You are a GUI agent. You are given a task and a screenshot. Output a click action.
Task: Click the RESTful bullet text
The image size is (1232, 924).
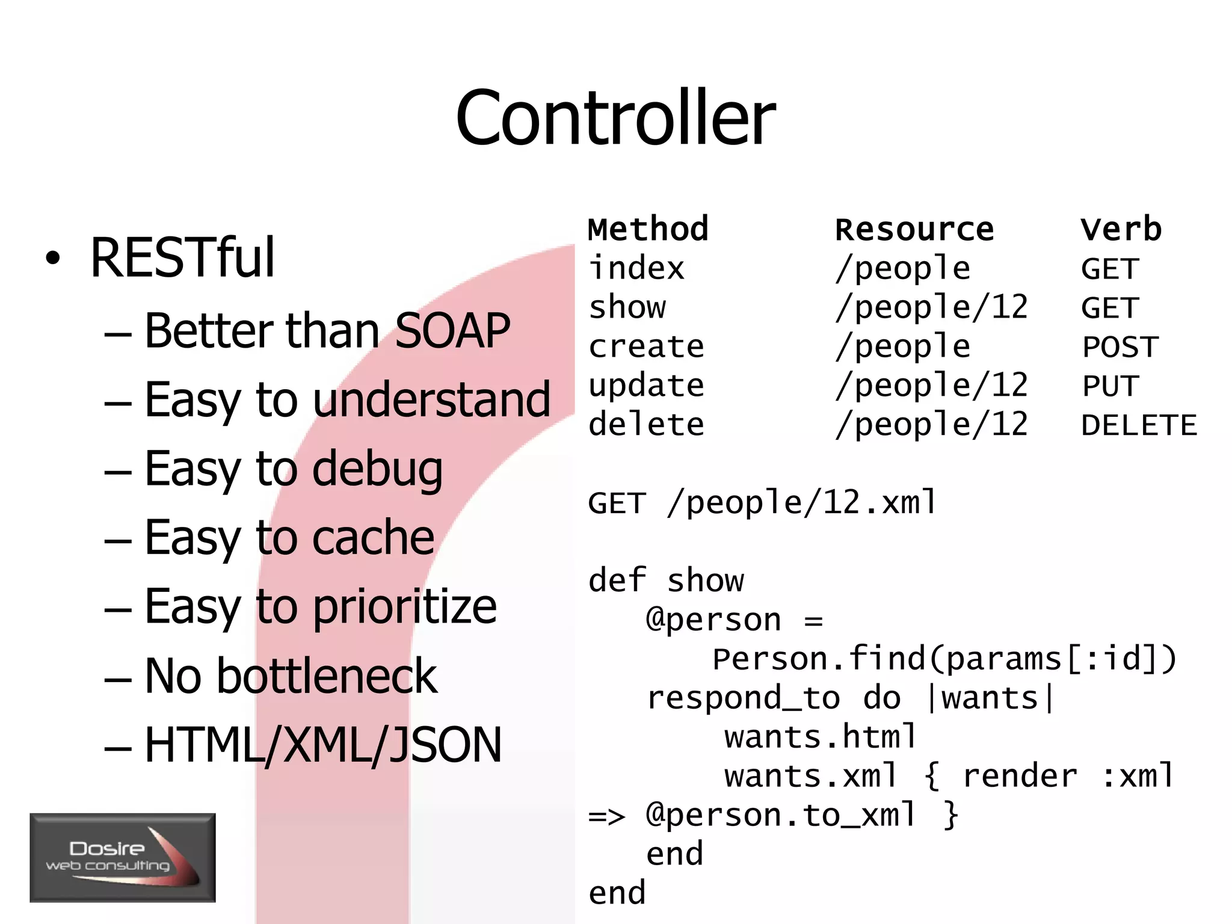coord(182,258)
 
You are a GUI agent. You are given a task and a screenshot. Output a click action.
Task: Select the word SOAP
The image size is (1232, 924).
coord(452,331)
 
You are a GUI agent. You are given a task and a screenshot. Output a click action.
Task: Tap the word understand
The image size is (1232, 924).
coord(431,399)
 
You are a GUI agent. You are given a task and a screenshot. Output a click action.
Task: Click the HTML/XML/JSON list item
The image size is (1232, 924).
coord(323,745)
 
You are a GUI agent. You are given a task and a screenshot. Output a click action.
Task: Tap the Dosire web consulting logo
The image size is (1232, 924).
coord(123,857)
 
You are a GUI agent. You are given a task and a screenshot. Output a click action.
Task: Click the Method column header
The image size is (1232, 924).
coord(648,229)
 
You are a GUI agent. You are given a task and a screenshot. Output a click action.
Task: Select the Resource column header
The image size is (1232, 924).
coord(914,229)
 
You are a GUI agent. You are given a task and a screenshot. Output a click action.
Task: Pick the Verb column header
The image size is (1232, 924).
coord(1121,229)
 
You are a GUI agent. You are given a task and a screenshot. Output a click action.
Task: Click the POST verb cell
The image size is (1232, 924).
coord(1120,347)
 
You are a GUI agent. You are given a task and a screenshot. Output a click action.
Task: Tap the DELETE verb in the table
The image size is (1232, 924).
coord(1139,425)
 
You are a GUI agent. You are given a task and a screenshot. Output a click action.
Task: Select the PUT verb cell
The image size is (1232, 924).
coord(1110,386)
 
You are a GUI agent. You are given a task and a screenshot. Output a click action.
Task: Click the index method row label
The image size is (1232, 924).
coord(636,268)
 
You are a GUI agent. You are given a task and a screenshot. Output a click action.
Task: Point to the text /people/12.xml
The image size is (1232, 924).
coord(802,503)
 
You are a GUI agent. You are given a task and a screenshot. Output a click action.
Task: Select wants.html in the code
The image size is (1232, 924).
coord(819,737)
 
